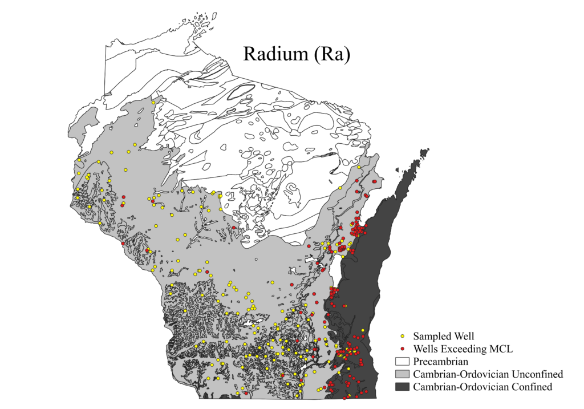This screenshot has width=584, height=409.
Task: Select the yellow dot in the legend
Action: tap(403, 336)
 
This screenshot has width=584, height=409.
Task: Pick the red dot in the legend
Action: tap(403, 349)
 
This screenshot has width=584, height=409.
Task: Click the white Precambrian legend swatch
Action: tap(403, 362)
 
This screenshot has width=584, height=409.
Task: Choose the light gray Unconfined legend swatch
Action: tap(403, 375)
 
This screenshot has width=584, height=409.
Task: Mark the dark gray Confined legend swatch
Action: tap(403, 387)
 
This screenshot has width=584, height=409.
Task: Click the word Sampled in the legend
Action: tap(432, 336)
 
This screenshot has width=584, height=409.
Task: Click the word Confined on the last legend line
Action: tap(530, 387)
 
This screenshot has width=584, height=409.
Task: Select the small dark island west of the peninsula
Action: tap(397, 168)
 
